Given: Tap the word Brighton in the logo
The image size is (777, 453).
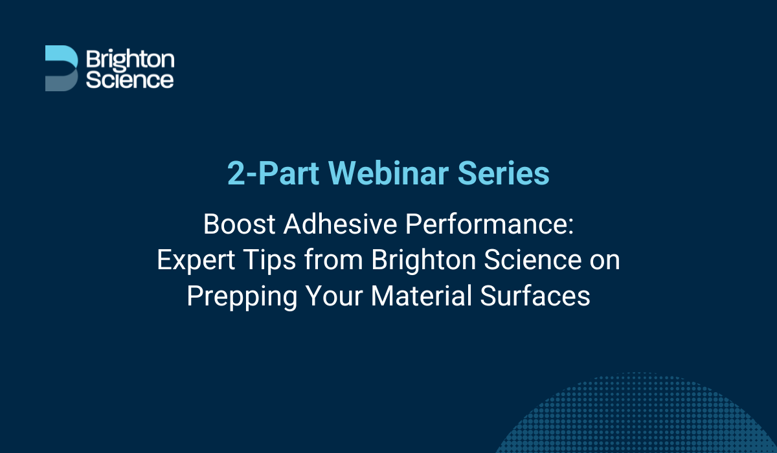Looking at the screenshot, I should (x=130, y=60).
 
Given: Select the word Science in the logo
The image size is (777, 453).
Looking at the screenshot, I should (x=130, y=79).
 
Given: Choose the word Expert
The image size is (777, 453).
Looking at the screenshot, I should (x=197, y=261).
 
